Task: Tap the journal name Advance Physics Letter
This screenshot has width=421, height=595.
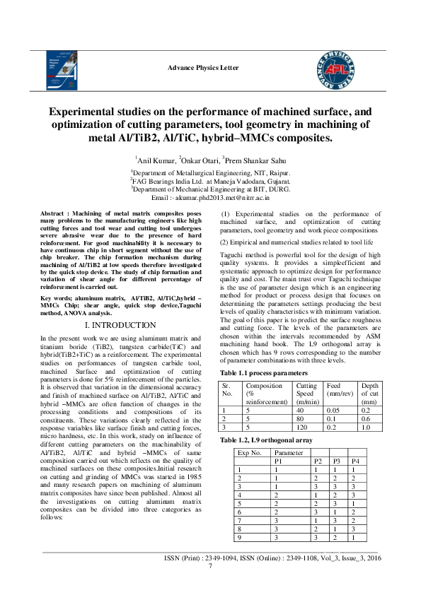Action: click(203, 68)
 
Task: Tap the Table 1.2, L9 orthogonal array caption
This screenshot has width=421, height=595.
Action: click(265, 440)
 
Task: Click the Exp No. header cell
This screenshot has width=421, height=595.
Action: click(250, 452)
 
